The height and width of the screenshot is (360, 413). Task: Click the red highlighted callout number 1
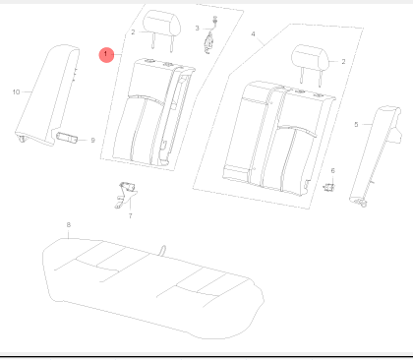[106, 54]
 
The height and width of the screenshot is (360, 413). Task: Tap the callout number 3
[197, 29]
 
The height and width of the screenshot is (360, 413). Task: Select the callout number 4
[253, 34]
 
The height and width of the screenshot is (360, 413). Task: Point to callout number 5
[356, 125]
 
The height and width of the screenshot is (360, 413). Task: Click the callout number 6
[333, 170]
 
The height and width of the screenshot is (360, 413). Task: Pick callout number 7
[131, 215]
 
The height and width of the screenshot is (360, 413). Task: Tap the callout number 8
[69, 225]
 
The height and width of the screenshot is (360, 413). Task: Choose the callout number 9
[92, 141]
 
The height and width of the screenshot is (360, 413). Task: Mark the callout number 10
[16, 92]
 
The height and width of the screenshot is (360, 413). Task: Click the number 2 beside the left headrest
[133, 32]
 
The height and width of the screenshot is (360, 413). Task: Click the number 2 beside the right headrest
[343, 62]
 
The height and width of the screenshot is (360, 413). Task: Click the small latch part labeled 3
[209, 36]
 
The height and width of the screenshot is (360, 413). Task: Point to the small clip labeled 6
[328, 188]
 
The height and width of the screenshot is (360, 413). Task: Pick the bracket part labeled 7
[126, 196]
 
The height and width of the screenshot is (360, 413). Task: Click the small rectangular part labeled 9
[67, 137]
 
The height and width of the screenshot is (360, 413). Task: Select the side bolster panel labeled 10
[46, 95]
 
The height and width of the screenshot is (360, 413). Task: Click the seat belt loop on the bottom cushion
[162, 250]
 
